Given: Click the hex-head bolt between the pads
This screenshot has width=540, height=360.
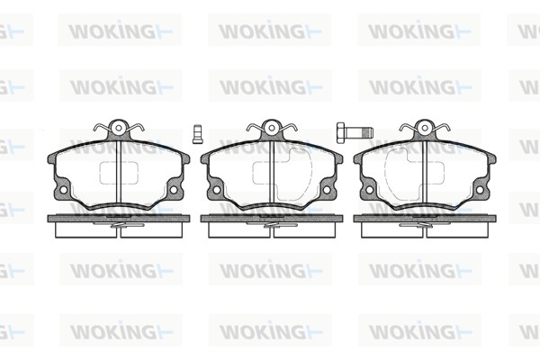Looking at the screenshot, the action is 355,131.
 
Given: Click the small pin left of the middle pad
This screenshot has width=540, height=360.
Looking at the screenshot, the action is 197,134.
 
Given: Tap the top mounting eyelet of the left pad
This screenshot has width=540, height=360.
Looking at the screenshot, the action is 119,128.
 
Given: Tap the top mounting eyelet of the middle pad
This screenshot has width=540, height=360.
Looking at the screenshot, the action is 272,128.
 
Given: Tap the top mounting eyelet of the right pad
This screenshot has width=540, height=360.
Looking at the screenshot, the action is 425,128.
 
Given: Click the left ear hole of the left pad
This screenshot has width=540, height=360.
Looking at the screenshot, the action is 63,190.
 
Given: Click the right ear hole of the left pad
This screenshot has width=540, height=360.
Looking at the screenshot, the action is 174,190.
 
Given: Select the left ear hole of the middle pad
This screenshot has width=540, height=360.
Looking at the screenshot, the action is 217,190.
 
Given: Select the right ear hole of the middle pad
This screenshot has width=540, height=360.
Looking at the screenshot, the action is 327,190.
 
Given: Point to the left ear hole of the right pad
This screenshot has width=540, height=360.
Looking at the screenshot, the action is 370,190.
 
